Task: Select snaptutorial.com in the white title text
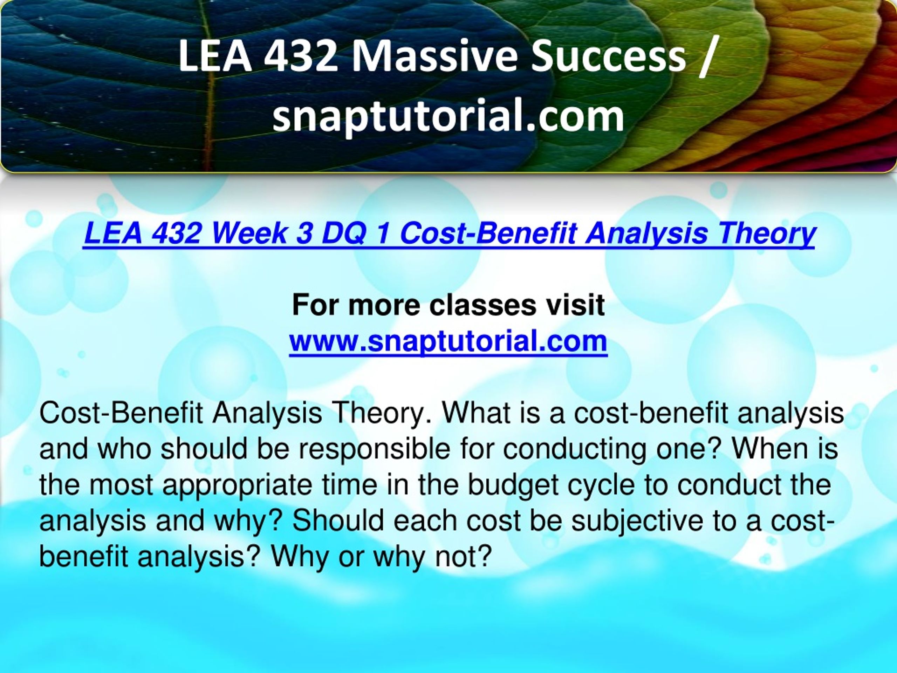pos(448,116)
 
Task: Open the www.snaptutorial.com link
pos(448,341)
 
